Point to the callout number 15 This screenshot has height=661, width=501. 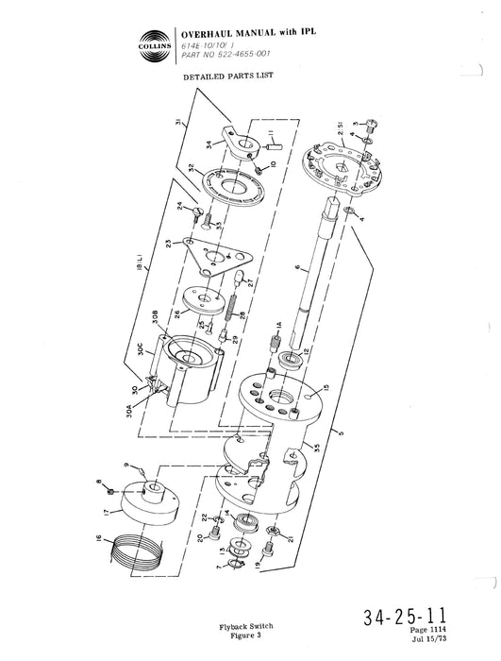326,387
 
